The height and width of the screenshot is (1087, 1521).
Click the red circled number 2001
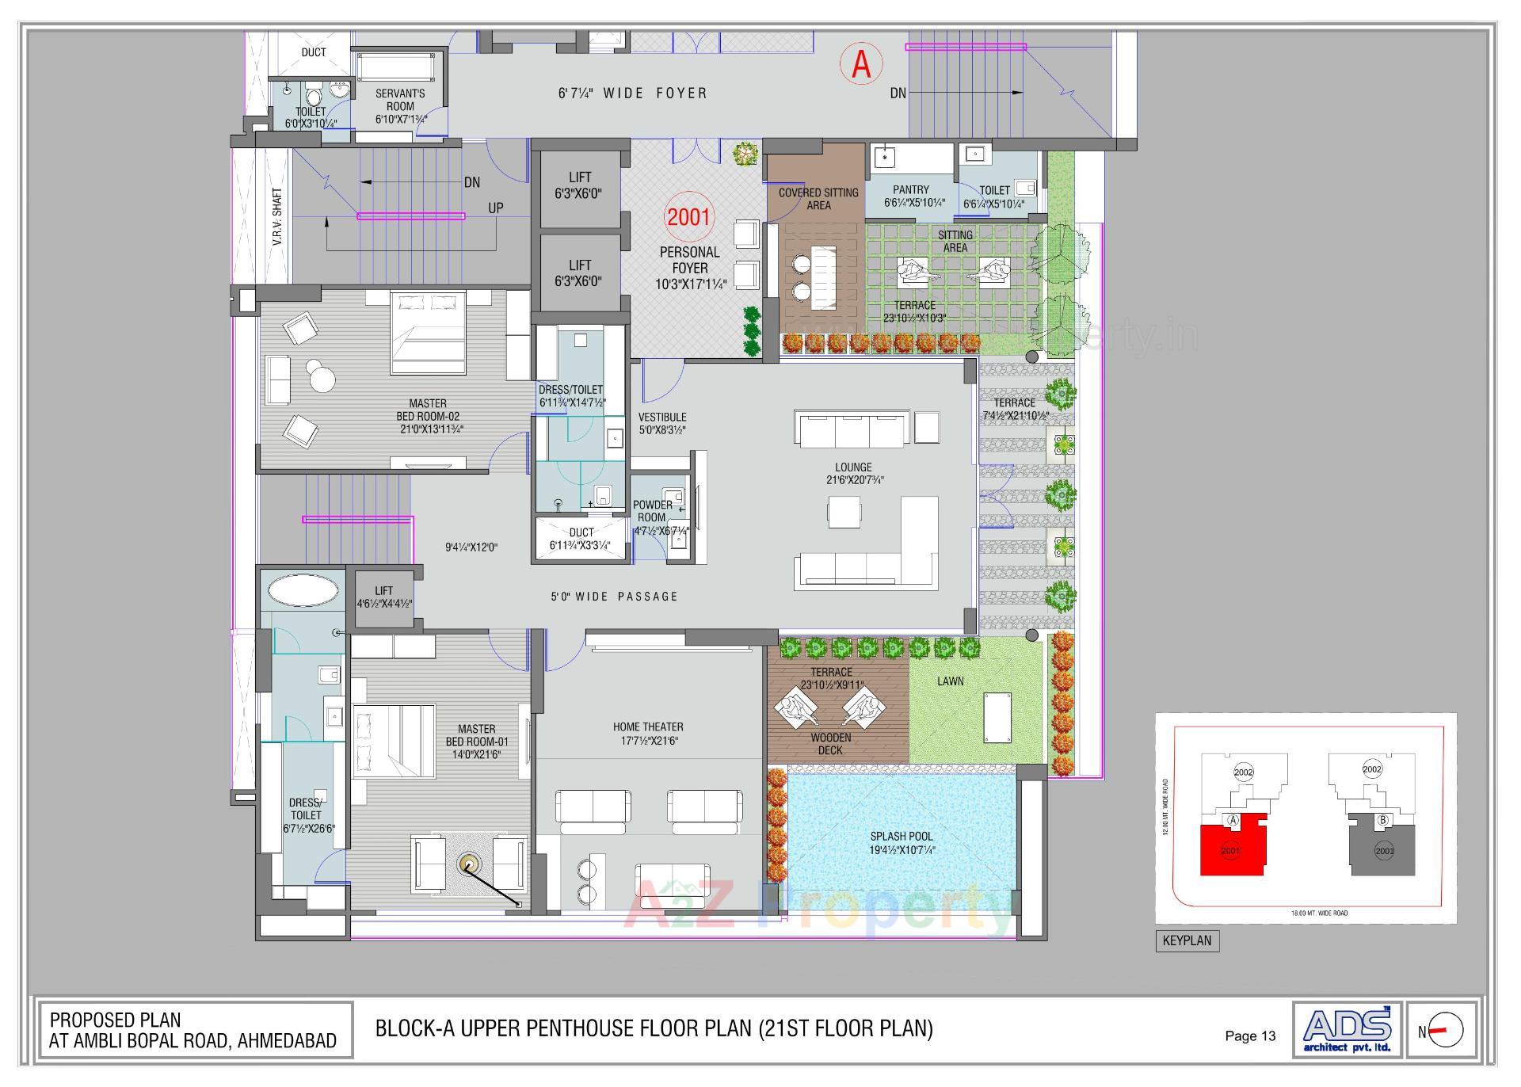(x=688, y=216)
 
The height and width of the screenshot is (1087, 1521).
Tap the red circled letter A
(x=861, y=64)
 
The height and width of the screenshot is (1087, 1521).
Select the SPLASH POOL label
(x=902, y=843)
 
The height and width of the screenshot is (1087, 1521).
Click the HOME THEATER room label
(x=648, y=733)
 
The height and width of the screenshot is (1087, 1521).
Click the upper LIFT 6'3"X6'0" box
(x=580, y=185)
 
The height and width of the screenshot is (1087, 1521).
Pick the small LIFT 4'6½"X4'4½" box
(x=384, y=597)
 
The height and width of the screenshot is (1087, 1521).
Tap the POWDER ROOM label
(x=652, y=511)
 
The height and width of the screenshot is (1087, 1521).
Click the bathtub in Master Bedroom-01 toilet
(x=303, y=590)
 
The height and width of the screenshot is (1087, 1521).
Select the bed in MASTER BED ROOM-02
(x=428, y=333)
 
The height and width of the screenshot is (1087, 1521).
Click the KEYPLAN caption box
(x=1187, y=940)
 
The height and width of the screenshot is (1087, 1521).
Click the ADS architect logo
(x=1347, y=1029)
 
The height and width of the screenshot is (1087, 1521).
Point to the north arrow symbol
(x=1446, y=1031)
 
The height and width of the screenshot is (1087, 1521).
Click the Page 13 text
(x=1250, y=1036)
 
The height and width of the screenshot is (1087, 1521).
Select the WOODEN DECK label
(x=830, y=743)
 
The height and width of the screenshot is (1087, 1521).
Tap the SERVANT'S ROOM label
(x=400, y=100)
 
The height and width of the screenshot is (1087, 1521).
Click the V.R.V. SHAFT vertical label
(x=277, y=215)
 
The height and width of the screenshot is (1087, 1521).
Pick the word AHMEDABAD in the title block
(x=286, y=1041)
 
